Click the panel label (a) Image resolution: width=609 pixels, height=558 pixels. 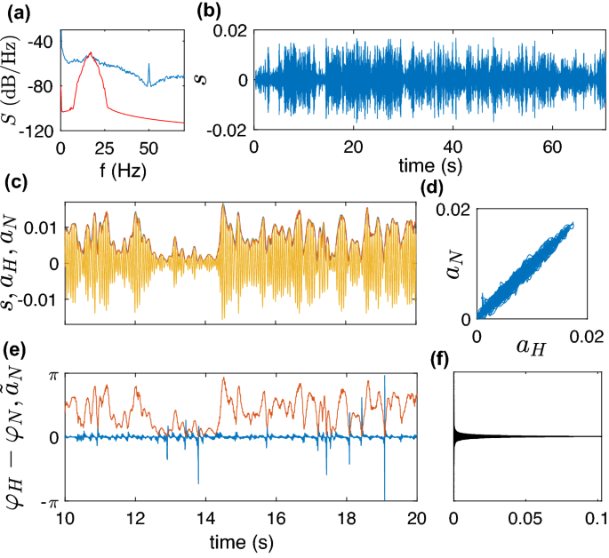coord(15,12)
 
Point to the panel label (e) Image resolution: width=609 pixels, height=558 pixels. coord(15,349)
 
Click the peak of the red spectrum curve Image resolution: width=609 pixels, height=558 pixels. coord(90,54)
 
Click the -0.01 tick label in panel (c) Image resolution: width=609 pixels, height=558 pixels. coord(40,294)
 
